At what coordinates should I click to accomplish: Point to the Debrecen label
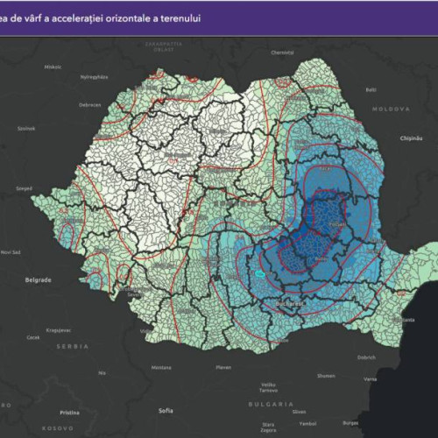click(89, 105)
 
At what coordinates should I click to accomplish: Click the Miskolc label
click(53, 67)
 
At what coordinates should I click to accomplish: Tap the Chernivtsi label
click(282, 53)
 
